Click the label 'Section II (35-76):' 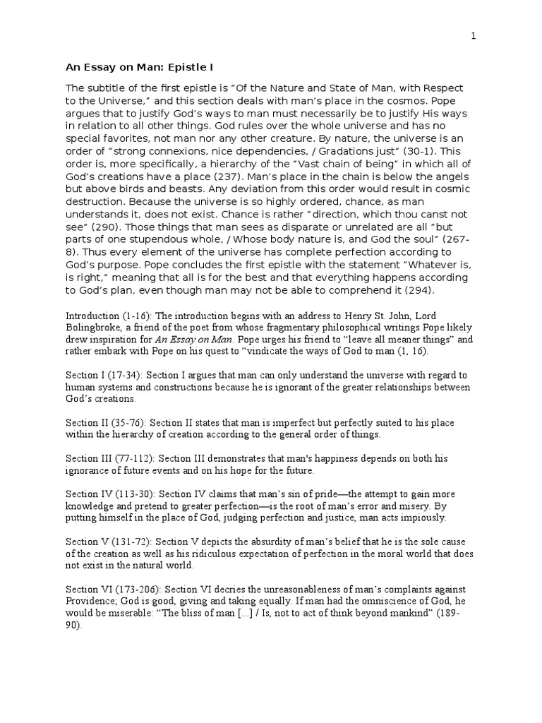pyautogui.click(x=107, y=422)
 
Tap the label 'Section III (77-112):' pyautogui.click(x=111, y=458)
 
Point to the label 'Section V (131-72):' pyautogui.click(x=107, y=542)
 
